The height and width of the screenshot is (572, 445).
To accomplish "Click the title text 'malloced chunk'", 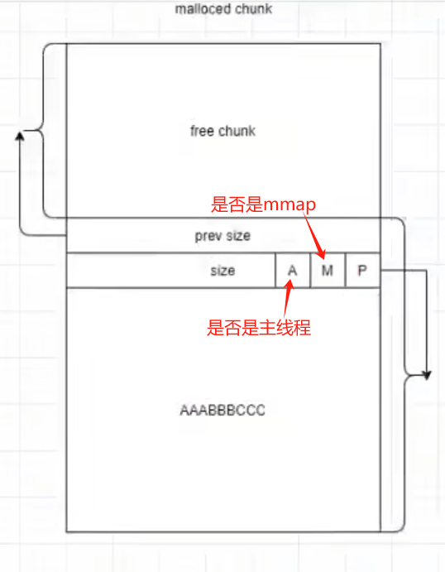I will (x=223, y=9).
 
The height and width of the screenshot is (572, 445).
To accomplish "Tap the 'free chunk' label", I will (x=223, y=131).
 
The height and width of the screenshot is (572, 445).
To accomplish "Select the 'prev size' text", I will (x=223, y=236).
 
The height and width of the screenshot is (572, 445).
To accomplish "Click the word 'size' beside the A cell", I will (x=223, y=271).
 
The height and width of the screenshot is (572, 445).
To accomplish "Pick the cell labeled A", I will (x=292, y=271).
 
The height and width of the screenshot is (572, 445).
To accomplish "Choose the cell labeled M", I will (x=327, y=271).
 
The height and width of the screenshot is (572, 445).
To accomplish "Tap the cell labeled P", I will (x=361, y=271).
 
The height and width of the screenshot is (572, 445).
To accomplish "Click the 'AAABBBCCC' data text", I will (x=223, y=411).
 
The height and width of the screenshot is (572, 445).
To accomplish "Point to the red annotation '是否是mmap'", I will (x=265, y=204).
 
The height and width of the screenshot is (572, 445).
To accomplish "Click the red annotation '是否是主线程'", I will (x=258, y=328).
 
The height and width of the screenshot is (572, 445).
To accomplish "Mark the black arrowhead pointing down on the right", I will (x=425, y=375).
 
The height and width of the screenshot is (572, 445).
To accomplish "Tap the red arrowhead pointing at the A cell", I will (x=289, y=285).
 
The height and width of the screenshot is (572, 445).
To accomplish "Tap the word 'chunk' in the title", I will (x=254, y=9).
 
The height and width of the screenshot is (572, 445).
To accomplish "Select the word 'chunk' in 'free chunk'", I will (x=237, y=131).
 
